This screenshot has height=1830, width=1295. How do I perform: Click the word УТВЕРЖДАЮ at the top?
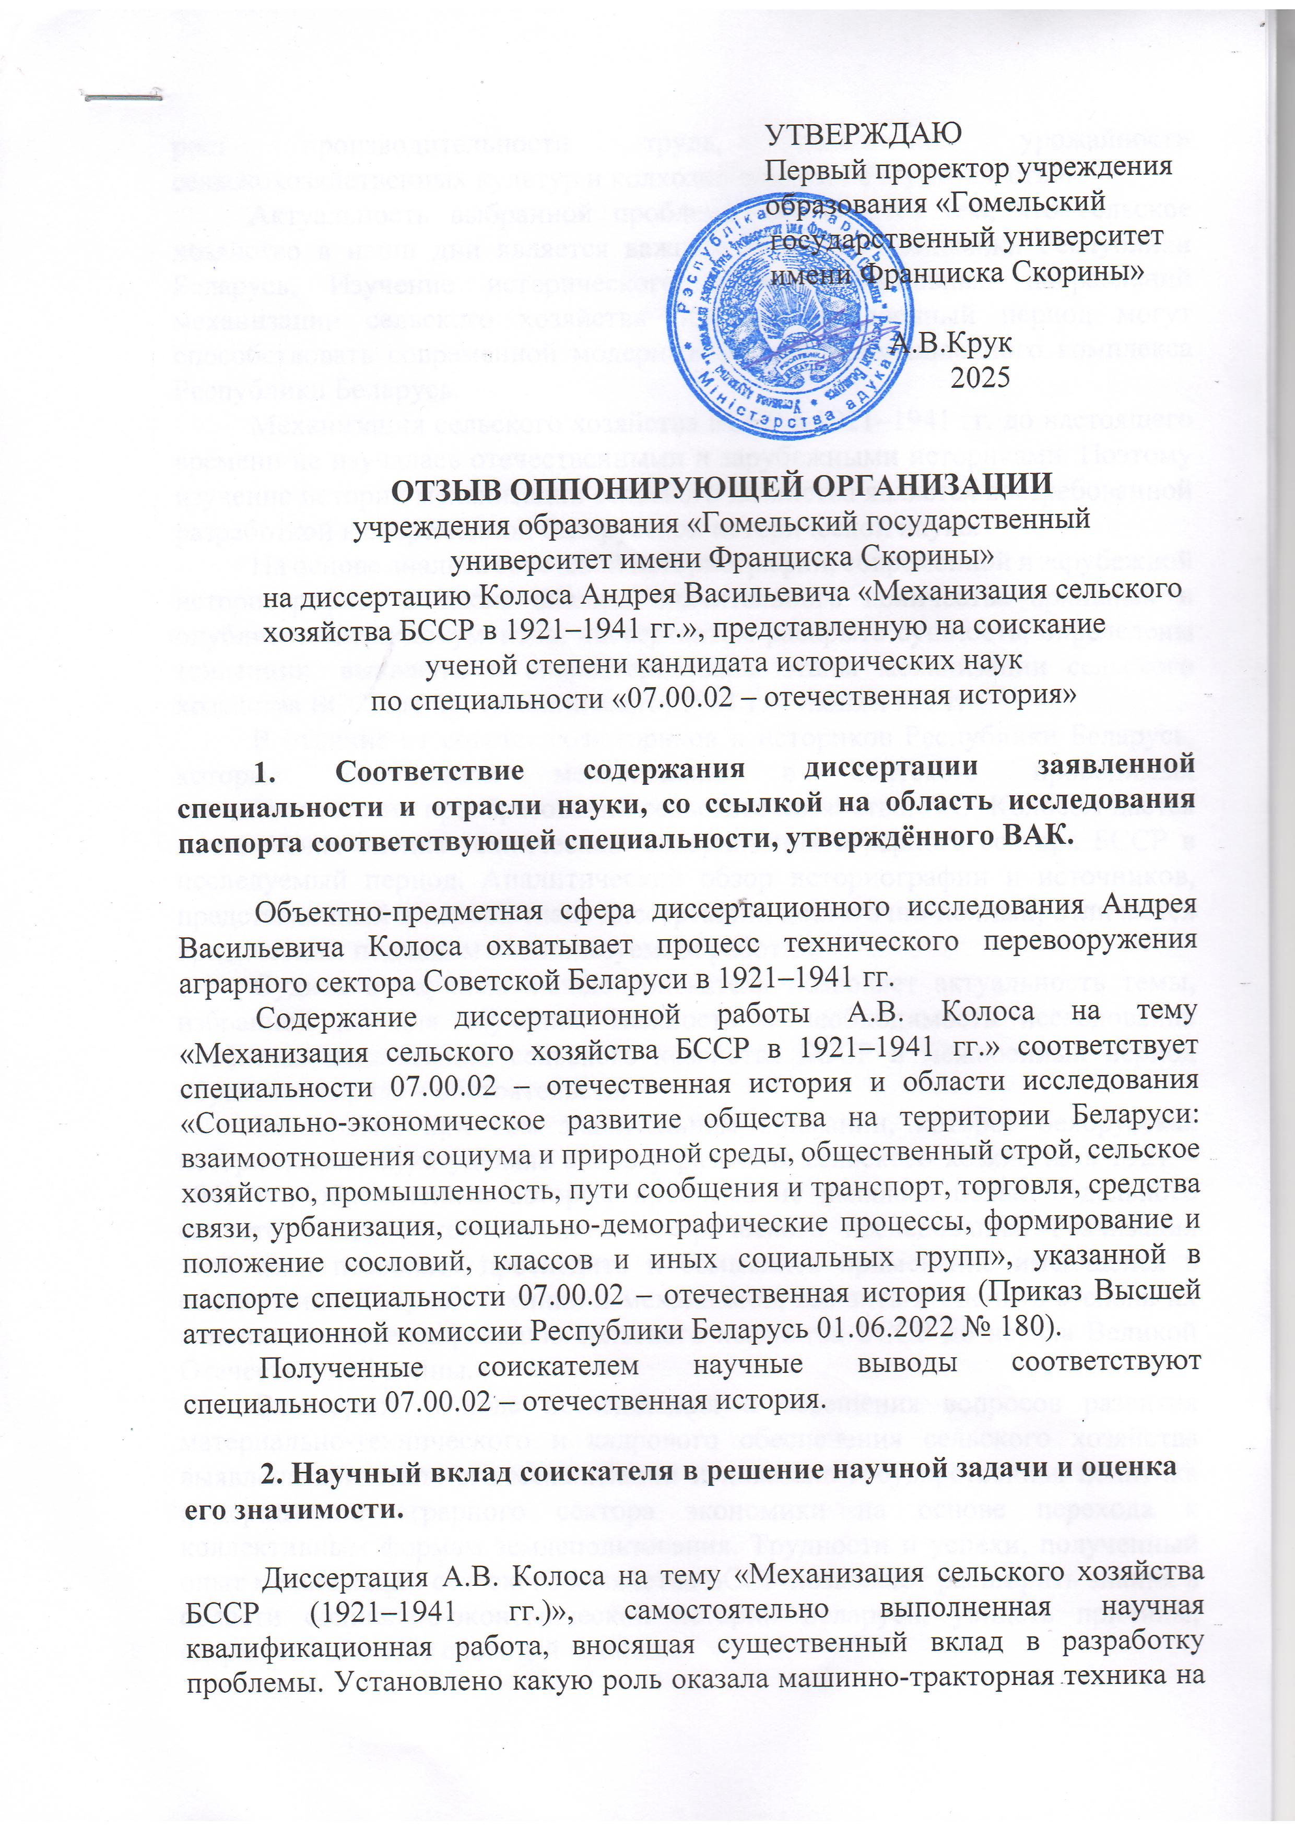pos(863,133)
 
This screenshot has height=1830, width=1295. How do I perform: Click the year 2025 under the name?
pos(980,376)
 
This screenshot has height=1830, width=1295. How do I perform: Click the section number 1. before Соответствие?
pos(270,768)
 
